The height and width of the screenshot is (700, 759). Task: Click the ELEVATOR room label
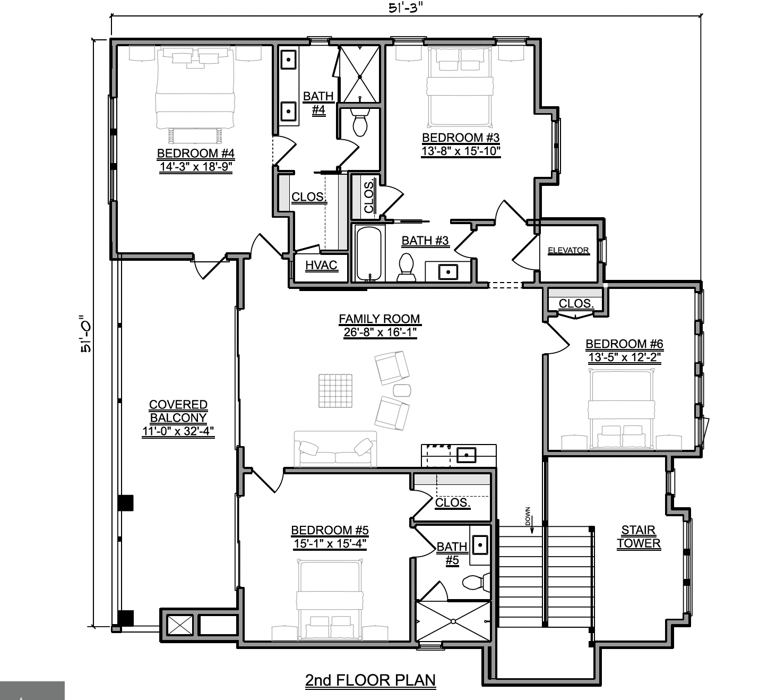pyautogui.click(x=568, y=250)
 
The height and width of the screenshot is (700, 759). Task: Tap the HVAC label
pyautogui.click(x=321, y=265)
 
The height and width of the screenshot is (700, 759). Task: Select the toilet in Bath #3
pyautogui.click(x=407, y=268)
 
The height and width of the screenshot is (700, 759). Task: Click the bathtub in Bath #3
pyautogui.click(x=368, y=253)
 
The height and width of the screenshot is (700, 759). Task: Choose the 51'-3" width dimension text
pyautogui.click(x=406, y=8)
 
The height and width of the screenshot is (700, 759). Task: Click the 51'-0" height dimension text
pyautogui.click(x=87, y=334)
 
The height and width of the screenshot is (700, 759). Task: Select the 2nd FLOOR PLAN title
pyautogui.click(x=370, y=680)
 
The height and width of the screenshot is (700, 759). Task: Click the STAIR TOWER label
pyautogui.click(x=639, y=536)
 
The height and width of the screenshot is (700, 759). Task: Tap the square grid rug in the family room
pyautogui.click(x=335, y=391)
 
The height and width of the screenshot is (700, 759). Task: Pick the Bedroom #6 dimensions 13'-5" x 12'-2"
pyautogui.click(x=625, y=357)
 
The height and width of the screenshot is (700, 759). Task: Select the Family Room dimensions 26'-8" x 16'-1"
pyautogui.click(x=380, y=332)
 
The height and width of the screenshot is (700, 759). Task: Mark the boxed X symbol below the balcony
pyautogui.click(x=180, y=625)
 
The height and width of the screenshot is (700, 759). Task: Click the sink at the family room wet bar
pyautogui.click(x=466, y=455)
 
